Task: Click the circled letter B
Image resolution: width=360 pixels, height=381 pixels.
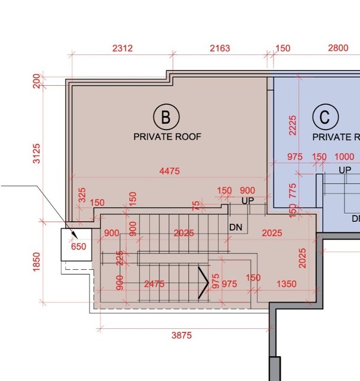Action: (166, 117)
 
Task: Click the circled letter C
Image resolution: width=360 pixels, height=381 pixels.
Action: (326, 117)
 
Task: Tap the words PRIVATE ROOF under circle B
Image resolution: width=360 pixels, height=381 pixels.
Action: (168, 137)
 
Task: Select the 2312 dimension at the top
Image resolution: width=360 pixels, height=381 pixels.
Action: (123, 49)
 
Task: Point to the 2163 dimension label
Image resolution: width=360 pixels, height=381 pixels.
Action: (220, 49)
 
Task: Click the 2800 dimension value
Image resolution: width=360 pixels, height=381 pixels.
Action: (338, 48)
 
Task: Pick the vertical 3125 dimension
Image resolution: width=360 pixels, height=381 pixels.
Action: (37, 154)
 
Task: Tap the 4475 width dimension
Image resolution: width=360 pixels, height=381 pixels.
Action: (169, 171)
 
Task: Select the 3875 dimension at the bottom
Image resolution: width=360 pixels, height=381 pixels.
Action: (182, 335)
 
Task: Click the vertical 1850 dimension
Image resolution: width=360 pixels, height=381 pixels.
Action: (37, 262)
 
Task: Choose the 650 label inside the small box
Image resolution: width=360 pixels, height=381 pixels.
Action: (79, 247)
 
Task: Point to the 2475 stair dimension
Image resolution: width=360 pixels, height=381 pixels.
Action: (154, 284)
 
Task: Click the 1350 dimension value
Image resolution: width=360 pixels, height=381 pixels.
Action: (287, 284)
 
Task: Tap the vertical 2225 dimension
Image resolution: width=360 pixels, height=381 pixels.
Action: (292, 125)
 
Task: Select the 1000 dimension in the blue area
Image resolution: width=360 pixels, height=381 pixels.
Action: (344, 157)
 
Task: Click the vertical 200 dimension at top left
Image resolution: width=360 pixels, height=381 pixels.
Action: (37, 81)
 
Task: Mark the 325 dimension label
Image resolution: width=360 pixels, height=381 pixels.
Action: (82, 195)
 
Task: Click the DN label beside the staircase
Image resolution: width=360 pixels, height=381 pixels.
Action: (236, 227)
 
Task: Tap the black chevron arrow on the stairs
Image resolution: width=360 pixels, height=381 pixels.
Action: (204, 283)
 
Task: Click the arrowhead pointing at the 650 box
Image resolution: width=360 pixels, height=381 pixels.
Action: (75, 235)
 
